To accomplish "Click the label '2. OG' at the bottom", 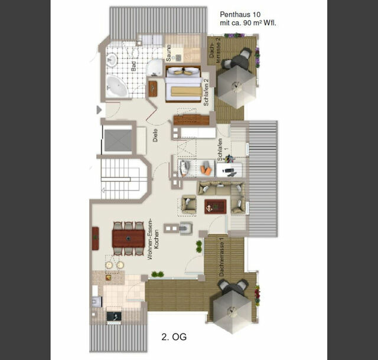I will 174,338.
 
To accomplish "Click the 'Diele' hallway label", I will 155,136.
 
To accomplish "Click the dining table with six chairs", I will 128,238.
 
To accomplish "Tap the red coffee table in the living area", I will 215,207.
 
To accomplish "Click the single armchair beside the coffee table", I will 188,204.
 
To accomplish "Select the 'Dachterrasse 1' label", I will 221,258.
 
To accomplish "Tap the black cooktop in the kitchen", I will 114,316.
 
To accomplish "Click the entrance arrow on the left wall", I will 99,109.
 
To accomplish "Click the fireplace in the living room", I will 185,228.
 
